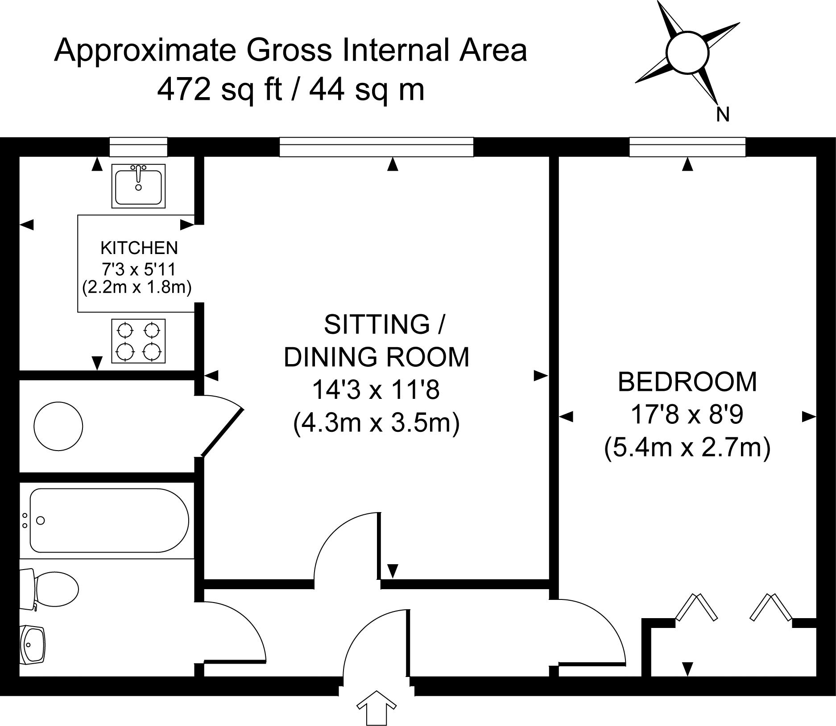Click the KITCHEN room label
(x=139, y=248)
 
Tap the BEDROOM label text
(x=687, y=382)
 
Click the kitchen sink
(x=138, y=185)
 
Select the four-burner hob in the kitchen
(x=138, y=341)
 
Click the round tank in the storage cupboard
(x=58, y=426)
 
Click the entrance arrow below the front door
(x=377, y=707)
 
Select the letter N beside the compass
(x=723, y=115)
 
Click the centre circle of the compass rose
(x=687, y=52)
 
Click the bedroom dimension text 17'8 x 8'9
(x=687, y=414)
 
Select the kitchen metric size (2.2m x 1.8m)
(x=137, y=287)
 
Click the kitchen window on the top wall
(x=138, y=147)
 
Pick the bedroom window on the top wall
(x=687, y=147)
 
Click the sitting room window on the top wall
(x=377, y=147)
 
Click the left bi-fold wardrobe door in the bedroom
(x=697, y=607)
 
